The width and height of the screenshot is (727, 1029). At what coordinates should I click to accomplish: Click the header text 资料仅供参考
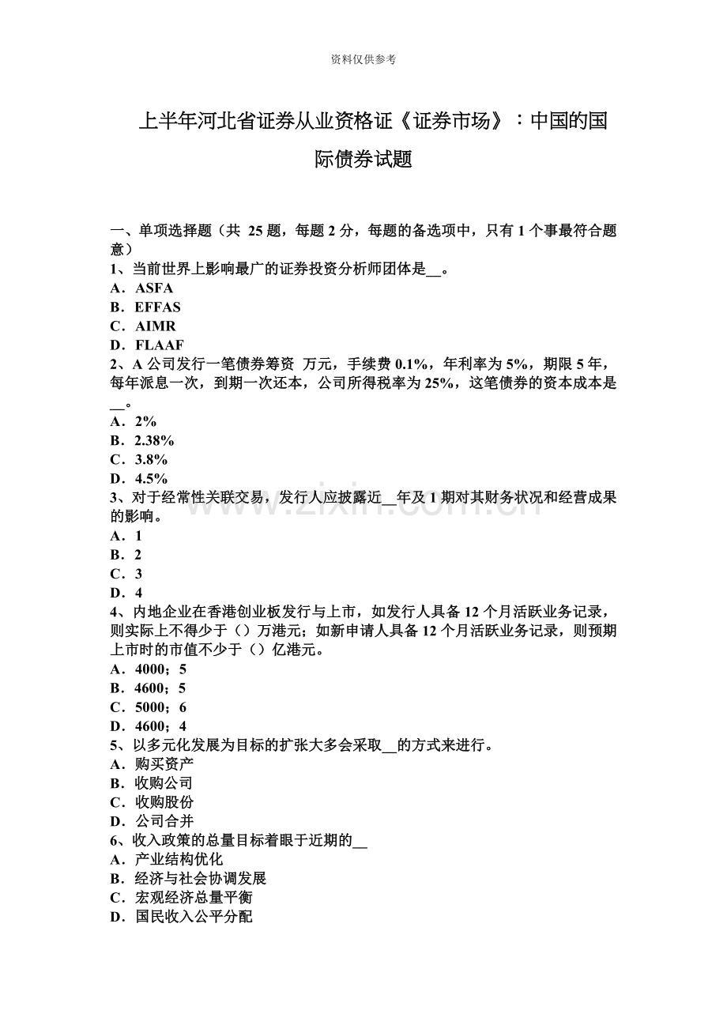[363, 59]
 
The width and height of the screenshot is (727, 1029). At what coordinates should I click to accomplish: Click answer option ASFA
[153, 288]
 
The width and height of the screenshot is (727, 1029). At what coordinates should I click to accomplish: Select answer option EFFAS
[157, 307]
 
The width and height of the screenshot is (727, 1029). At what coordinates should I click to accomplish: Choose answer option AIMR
[155, 326]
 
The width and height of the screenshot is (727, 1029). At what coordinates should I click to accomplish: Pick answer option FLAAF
[159, 345]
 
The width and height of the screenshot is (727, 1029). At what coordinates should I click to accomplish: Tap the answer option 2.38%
[154, 440]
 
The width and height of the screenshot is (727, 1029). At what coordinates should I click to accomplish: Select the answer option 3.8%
[151, 459]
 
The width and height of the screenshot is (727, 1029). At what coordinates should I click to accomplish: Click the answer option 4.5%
[151, 478]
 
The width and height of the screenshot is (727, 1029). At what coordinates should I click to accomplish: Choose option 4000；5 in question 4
[160, 669]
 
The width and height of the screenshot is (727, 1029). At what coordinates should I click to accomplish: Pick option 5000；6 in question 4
[160, 707]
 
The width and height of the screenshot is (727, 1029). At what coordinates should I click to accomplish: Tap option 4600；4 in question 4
[160, 726]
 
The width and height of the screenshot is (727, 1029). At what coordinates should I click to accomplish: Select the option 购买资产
[164, 764]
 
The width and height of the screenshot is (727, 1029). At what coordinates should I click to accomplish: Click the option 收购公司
[164, 783]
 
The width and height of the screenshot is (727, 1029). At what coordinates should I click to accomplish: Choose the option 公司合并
[164, 821]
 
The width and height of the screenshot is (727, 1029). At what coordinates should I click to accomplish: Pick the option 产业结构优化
[179, 859]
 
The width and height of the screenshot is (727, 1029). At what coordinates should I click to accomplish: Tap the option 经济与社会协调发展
[201, 878]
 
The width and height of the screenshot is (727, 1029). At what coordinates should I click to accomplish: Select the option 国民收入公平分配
[194, 917]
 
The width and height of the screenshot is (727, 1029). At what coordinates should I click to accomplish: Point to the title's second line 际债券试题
[363, 160]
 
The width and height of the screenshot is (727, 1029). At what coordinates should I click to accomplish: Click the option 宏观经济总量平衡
[194, 898]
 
